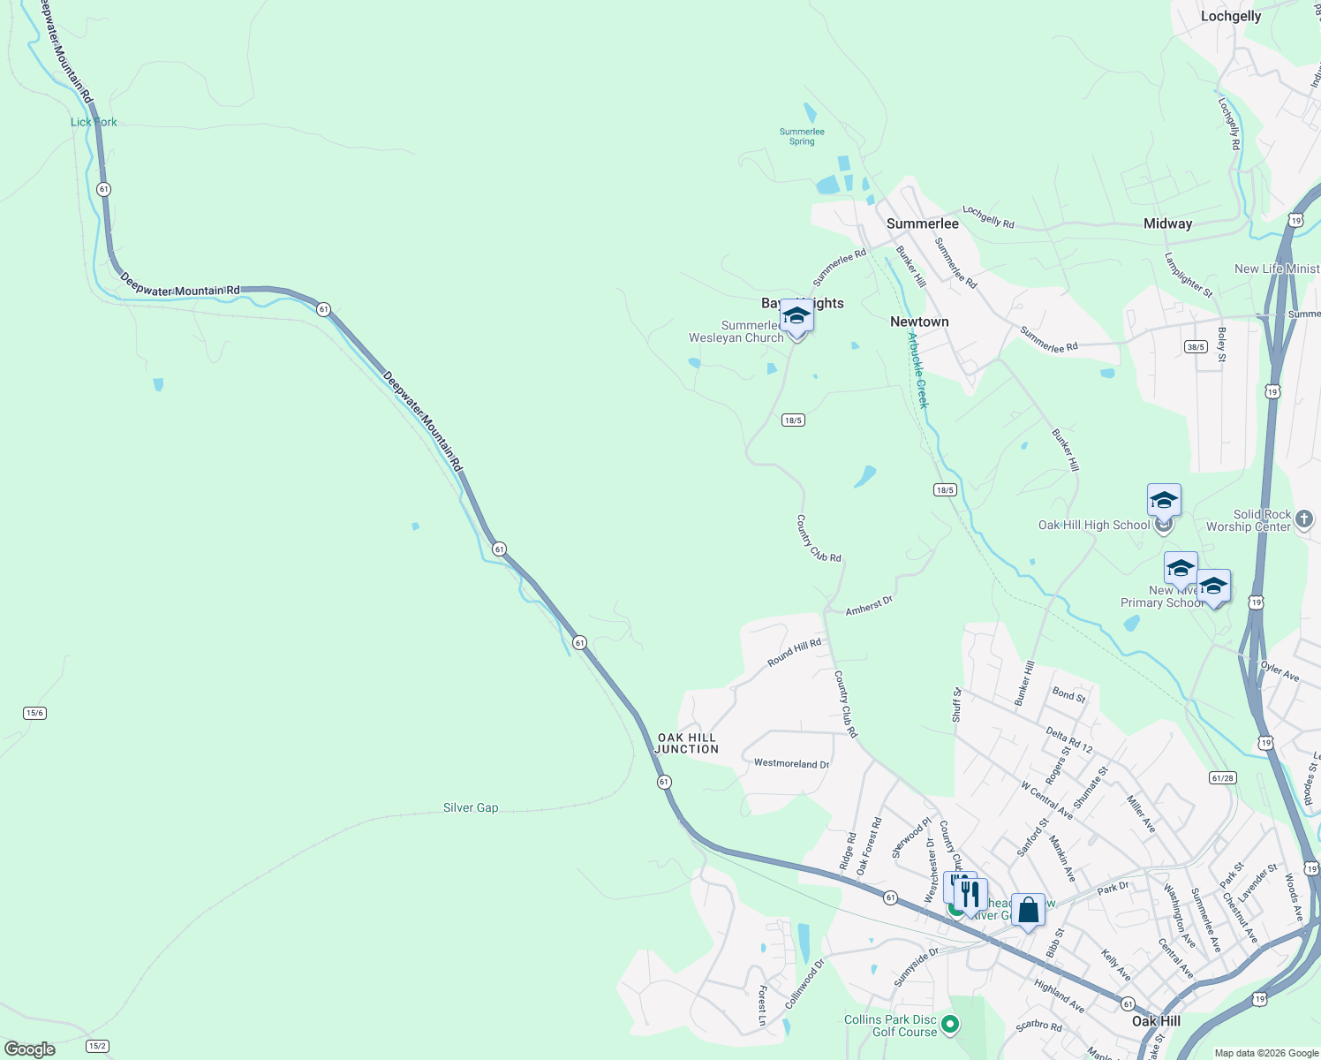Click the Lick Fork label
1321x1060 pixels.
(x=94, y=122)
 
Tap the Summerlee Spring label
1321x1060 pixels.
(x=802, y=137)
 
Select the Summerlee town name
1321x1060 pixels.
(x=922, y=223)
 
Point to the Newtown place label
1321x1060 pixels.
(x=919, y=322)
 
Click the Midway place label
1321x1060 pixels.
(x=1167, y=223)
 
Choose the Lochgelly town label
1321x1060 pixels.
(x=1230, y=16)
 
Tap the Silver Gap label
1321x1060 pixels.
(x=471, y=807)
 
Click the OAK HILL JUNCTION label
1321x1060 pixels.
(x=687, y=743)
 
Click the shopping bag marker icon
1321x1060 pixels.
(x=1028, y=910)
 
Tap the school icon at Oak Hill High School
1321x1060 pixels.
(x=1163, y=501)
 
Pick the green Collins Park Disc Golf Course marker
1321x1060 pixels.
(x=950, y=1025)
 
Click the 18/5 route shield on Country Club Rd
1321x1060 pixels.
(x=793, y=420)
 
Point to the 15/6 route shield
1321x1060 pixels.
(x=34, y=713)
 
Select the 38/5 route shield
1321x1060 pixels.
(x=1196, y=347)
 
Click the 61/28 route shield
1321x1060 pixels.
(x=1223, y=778)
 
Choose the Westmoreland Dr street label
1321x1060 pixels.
(x=791, y=763)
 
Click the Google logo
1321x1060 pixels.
(x=30, y=1049)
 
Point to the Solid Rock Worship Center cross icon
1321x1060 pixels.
(x=1305, y=520)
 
